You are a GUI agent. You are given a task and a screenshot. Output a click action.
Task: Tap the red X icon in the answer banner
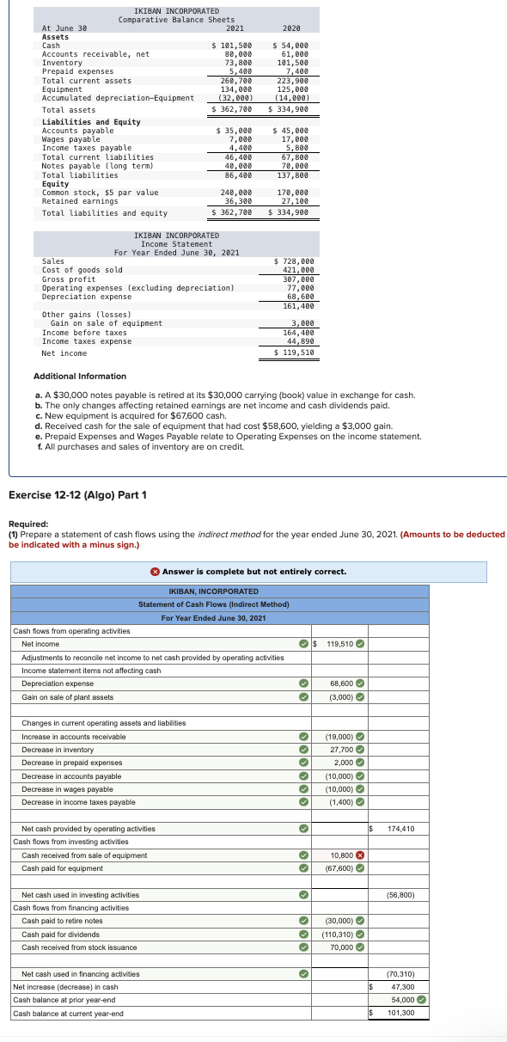(x=155, y=572)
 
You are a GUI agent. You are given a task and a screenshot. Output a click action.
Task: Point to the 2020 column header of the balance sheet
(x=290, y=28)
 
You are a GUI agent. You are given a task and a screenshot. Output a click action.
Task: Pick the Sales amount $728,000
(x=296, y=260)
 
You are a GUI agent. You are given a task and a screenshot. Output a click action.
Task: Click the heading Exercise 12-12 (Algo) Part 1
(x=77, y=495)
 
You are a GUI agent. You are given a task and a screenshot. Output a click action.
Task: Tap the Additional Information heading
(x=79, y=376)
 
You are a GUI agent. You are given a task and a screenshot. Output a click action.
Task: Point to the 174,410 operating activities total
(x=400, y=829)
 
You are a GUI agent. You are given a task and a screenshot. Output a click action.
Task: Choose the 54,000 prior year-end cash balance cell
(x=402, y=1000)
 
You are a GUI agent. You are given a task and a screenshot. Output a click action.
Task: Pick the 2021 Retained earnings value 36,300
(x=237, y=201)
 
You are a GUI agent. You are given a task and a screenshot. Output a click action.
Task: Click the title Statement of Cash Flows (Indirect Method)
(x=213, y=604)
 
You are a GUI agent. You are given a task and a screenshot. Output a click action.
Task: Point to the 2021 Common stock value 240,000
(x=236, y=193)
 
